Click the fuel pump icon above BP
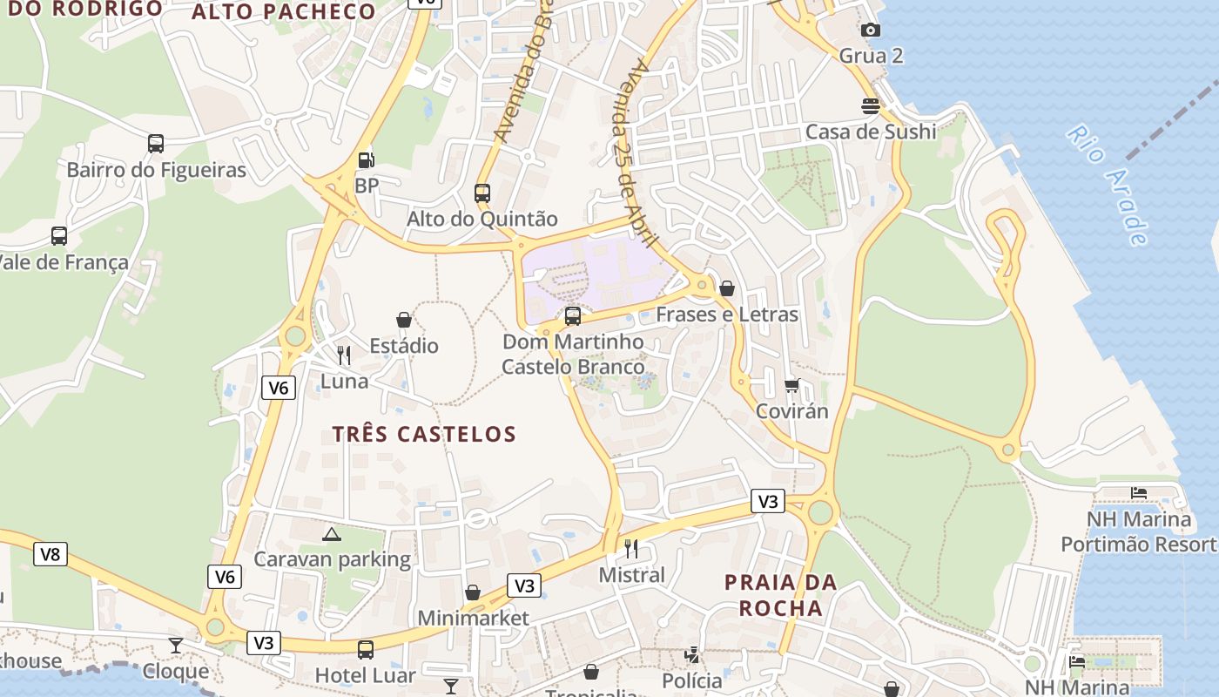pos(367,160)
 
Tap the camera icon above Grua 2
pos(870,30)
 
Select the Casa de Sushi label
pos(870,132)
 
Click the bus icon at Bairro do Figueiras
pos(156,144)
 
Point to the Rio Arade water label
pos(1108,185)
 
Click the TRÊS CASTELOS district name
pos(424,434)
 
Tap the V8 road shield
pos(51,554)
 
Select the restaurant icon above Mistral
pos(631,549)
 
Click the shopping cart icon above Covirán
pos(791,385)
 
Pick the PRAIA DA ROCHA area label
pos(780,595)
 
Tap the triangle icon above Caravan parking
pos(331,534)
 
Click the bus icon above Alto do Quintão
pos(482,193)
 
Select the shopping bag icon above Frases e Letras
pos(727,288)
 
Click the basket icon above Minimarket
pos(473,593)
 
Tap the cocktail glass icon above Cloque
pos(176,645)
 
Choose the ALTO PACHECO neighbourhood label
pos(283,12)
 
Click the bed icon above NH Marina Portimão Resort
pos(1138,493)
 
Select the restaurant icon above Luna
pos(344,355)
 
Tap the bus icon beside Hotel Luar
pos(366,650)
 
